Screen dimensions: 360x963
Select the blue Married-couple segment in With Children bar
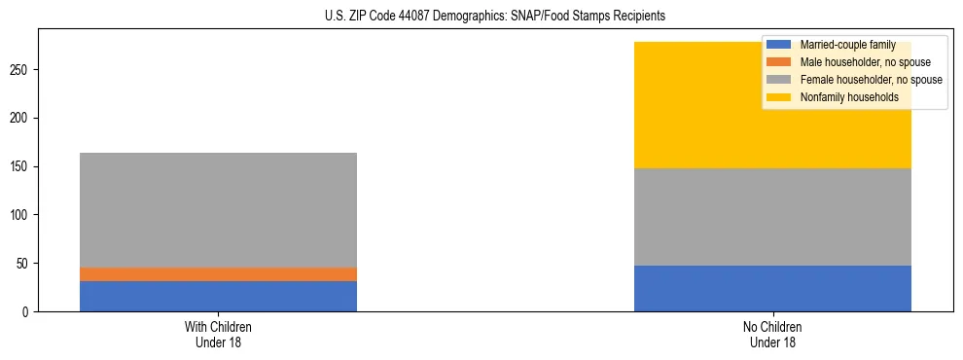click(218, 296)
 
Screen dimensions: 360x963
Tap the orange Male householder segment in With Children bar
click(218, 274)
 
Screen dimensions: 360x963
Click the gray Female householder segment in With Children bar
click(218, 210)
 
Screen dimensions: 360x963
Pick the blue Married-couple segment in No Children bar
click(772, 288)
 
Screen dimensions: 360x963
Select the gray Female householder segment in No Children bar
click(772, 217)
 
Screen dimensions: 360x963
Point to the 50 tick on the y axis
click(24, 263)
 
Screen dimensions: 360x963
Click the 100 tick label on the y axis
click(21, 215)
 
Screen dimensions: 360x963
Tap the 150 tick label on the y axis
click(21, 166)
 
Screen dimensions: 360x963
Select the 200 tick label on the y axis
click(21, 118)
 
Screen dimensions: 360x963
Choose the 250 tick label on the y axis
click(21, 70)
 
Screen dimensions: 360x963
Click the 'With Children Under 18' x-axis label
click(218, 334)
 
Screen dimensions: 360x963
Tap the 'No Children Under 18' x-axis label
click(772, 334)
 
